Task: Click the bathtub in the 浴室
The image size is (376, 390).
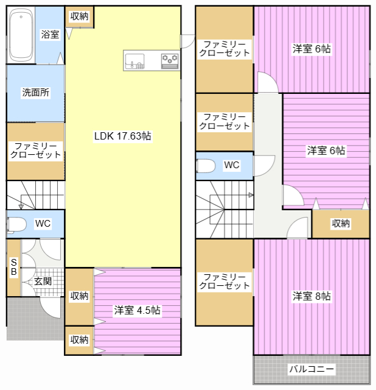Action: tap(21, 35)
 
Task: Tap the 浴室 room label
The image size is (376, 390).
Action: tap(50, 34)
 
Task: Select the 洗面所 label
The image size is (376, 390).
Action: tap(36, 92)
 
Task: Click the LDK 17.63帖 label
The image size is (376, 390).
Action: tap(123, 136)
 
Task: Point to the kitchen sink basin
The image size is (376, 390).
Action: tap(134, 61)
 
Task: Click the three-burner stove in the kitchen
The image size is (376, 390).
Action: tap(170, 61)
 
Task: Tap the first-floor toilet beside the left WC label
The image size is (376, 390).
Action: tap(16, 225)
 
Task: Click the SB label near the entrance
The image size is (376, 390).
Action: tap(14, 267)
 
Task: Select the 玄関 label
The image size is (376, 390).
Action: tap(43, 282)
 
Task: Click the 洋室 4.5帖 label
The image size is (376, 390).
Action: tap(137, 310)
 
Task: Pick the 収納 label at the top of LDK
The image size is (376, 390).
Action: tap(79, 16)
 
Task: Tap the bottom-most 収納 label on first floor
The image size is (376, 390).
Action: tap(79, 339)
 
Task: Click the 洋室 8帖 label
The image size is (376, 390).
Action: tap(312, 296)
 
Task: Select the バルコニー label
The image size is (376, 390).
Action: tap(312, 369)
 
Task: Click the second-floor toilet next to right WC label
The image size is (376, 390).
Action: tap(206, 166)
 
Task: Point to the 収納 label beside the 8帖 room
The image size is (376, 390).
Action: tap(341, 224)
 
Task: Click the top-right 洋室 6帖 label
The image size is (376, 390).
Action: tap(312, 49)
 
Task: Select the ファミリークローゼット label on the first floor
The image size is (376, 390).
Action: tap(36, 151)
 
